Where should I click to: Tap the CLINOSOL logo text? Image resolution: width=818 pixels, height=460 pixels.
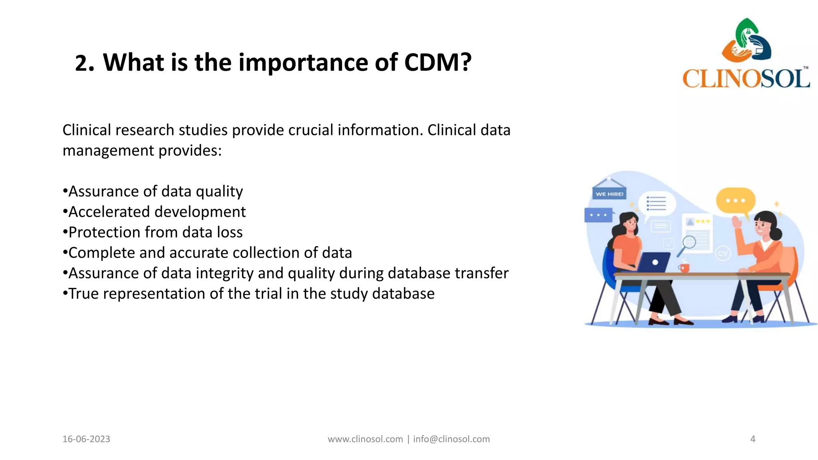click(746, 78)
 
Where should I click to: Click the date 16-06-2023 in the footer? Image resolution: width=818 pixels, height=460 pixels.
click(86, 439)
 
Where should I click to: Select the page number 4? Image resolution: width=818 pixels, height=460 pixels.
click(752, 439)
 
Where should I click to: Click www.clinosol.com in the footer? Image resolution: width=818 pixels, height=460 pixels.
click(365, 439)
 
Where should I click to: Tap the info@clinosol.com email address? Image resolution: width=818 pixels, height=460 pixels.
click(451, 439)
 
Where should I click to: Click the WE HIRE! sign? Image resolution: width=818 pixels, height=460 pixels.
click(609, 194)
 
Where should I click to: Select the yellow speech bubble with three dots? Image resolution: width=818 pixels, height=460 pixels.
click(735, 201)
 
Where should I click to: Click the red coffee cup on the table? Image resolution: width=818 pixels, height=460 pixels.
click(684, 267)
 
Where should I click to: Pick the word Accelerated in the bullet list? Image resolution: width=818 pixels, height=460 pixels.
click(109, 212)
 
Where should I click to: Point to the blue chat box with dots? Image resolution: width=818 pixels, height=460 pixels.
click(598, 215)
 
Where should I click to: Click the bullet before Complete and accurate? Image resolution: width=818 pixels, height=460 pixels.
click(65, 253)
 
